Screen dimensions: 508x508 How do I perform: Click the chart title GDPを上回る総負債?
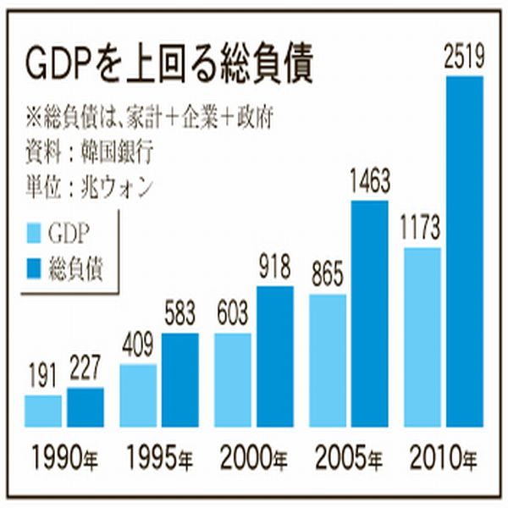pyautogui.click(x=170, y=65)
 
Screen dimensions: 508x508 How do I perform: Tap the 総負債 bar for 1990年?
pyautogui.click(x=85, y=406)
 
